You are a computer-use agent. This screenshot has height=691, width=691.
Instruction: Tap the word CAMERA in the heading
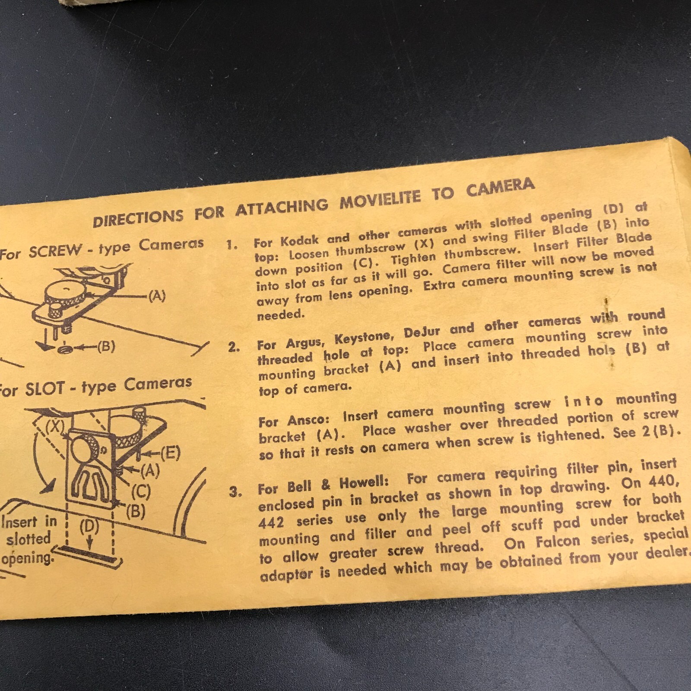pyautogui.click(x=500, y=187)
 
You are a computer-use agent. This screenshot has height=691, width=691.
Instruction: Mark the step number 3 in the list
pyautogui.click(x=235, y=491)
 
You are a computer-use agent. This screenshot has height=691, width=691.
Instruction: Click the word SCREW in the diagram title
pyautogui.click(x=55, y=250)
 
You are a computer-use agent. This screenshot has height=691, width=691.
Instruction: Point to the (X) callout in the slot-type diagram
pyautogui.click(x=54, y=426)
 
